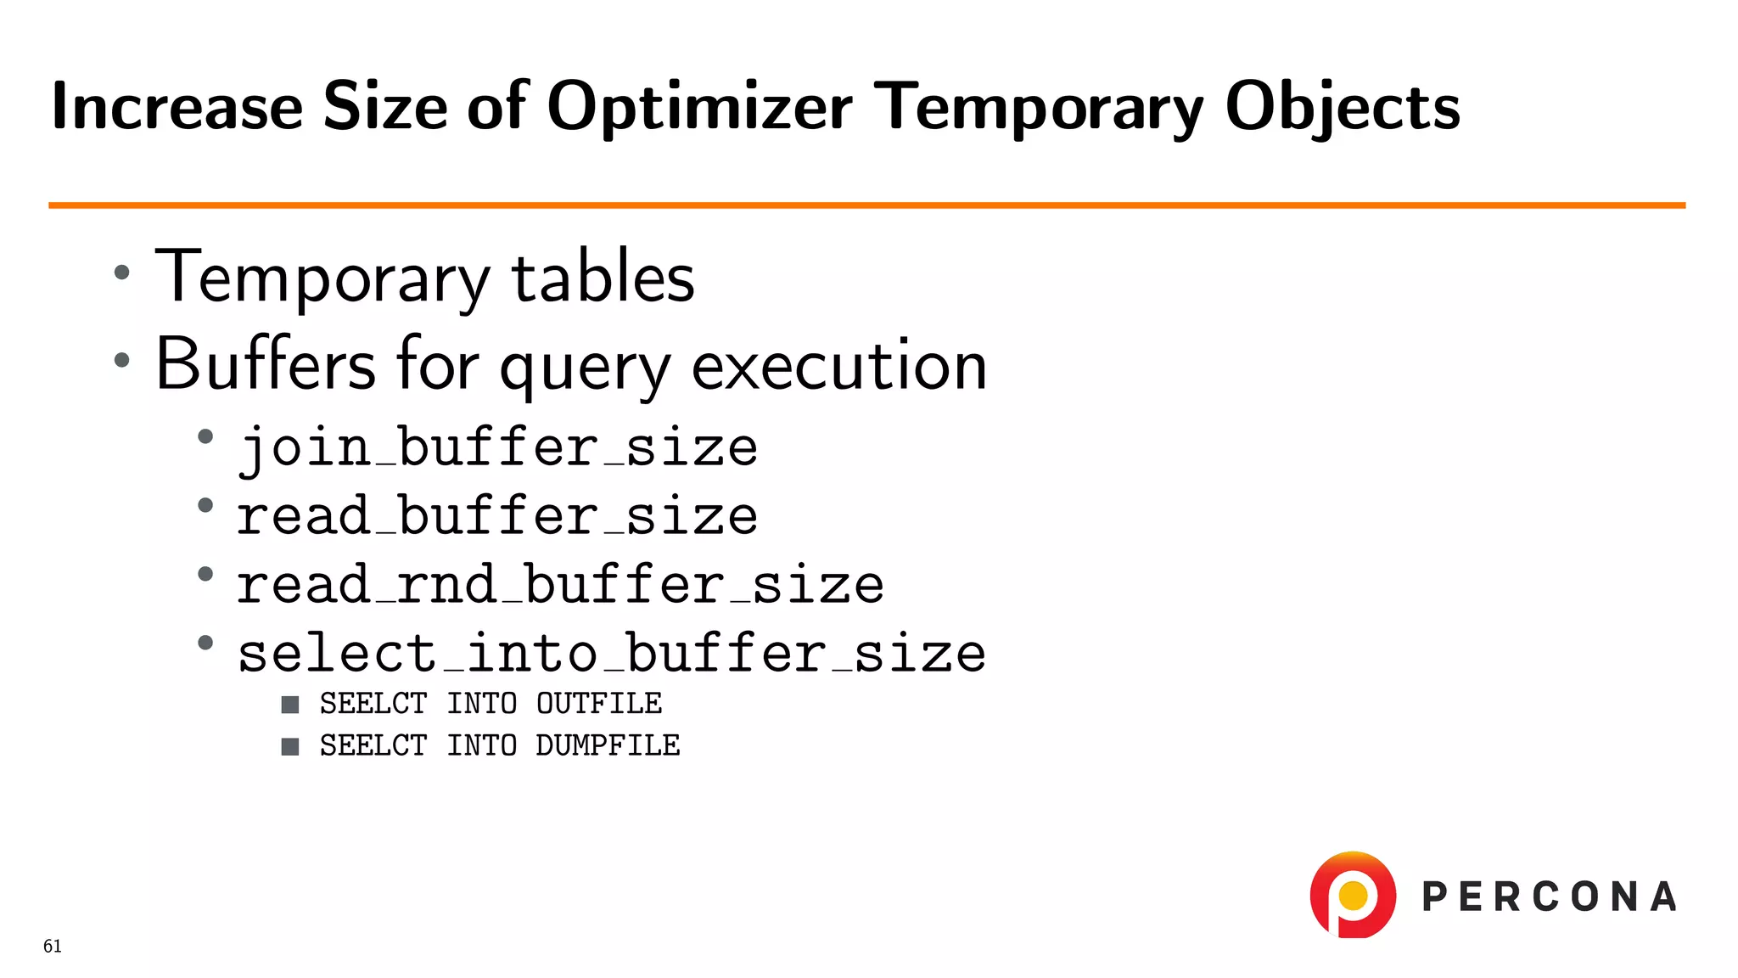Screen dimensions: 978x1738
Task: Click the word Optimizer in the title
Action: (699, 107)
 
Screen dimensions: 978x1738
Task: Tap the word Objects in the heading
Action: (1342, 107)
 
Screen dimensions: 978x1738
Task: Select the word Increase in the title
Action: (177, 107)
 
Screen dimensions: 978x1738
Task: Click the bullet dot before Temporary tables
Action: (122, 273)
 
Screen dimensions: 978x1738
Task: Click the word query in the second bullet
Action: (585, 367)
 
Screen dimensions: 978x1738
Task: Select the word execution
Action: (838, 365)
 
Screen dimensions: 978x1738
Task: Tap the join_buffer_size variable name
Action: (497, 447)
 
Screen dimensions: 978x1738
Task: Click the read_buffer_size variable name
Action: (497, 516)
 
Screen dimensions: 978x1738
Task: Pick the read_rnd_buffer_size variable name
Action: (560, 585)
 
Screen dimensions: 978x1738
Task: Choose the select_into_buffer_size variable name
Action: (611, 654)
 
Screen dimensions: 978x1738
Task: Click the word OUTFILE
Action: (599, 704)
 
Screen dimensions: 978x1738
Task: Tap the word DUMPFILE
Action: (608, 745)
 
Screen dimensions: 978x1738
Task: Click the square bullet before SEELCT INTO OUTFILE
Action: (290, 705)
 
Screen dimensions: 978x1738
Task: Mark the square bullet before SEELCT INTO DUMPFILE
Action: (290, 746)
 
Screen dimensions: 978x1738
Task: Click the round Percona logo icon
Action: (1353, 895)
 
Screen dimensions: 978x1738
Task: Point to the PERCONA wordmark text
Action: (1549, 897)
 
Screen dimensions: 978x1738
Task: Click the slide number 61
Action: (53, 947)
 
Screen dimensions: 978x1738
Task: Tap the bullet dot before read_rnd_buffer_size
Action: (205, 575)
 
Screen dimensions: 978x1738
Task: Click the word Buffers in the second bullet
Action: (266, 365)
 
